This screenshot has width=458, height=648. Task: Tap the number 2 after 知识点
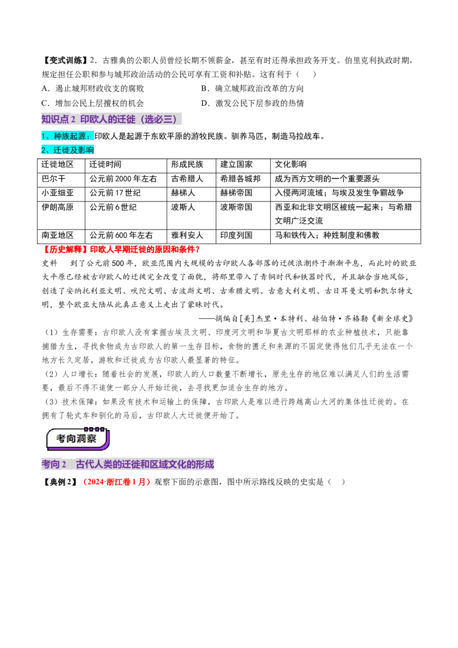pyautogui.click(x=73, y=119)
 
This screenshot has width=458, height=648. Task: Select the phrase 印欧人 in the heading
pyautogui.click(x=94, y=119)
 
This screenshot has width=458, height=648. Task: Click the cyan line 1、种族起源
pyautogui.click(x=67, y=136)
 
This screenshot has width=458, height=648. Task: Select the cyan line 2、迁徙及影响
pyautogui.click(x=68, y=150)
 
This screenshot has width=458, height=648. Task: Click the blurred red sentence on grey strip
pyautogui.click(x=121, y=250)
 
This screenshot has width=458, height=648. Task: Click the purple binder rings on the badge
pyautogui.click(x=94, y=429)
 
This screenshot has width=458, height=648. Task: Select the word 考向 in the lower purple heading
pyautogui.click(x=50, y=464)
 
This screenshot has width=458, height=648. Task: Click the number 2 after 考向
pyautogui.click(x=64, y=464)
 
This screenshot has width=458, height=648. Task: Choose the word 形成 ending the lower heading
pyautogui.click(x=204, y=464)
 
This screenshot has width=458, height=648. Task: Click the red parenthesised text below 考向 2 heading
pyautogui.click(x=117, y=483)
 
